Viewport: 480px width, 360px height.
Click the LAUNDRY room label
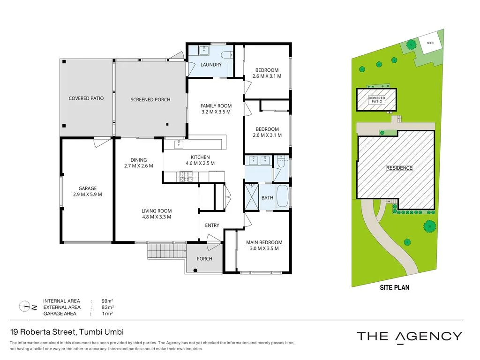click(211, 65)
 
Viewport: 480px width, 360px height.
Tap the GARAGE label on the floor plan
click(88, 188)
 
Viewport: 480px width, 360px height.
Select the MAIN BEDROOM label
click(264, 242)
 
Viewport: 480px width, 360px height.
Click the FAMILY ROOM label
click(216, 106)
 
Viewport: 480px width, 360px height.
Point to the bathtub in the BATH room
click(282, 197)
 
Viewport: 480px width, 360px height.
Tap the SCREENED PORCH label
click(150, 99)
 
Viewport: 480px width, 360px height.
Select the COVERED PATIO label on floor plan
click(86, 98)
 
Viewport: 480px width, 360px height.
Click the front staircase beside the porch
click(166, 251)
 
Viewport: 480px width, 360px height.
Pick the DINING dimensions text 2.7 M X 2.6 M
click(139, 166)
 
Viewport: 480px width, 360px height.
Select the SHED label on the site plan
click(430, 43)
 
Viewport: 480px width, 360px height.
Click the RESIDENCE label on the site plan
click(399, 168)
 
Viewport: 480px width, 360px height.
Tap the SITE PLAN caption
click(394, 287)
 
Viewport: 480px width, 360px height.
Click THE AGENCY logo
click(409, 336)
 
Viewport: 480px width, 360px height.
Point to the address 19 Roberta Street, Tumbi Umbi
click(67, 332)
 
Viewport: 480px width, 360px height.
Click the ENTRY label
click(212, 225)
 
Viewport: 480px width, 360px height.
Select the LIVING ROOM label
click(157, 211)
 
